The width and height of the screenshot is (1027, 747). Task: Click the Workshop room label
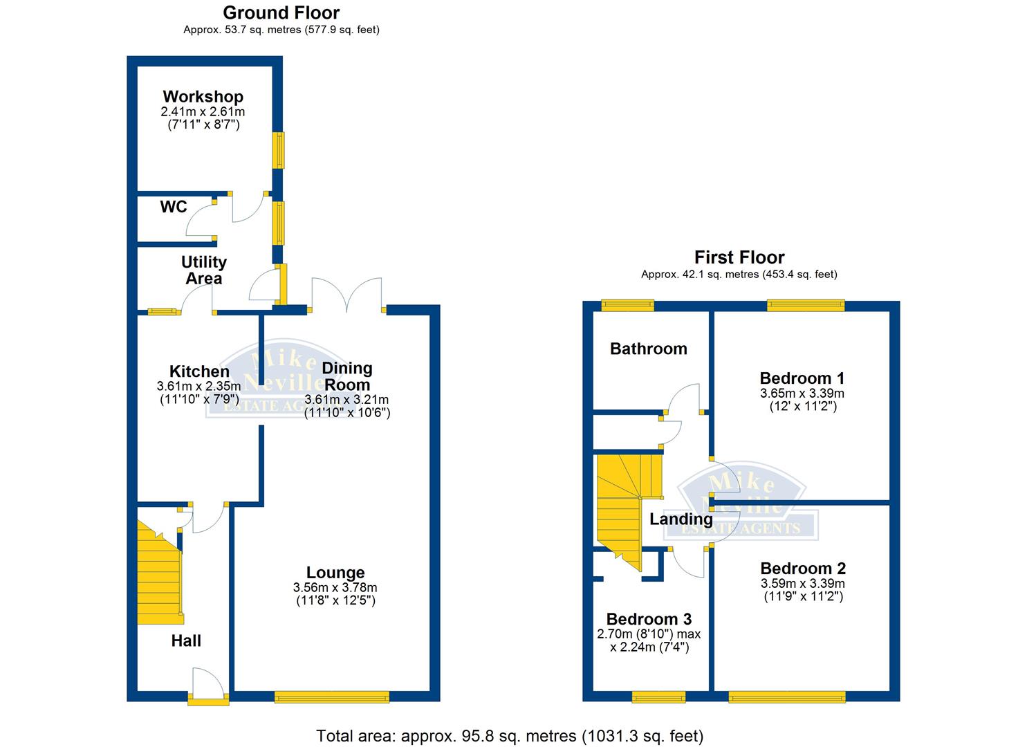[203, 97]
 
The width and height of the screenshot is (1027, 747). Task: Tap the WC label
[173, 207]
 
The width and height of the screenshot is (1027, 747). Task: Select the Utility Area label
[203, 270]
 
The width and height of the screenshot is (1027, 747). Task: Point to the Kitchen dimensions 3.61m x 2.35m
[199, 386]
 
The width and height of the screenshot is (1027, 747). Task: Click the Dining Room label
[346, 376]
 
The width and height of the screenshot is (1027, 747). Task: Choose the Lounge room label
[335, 573]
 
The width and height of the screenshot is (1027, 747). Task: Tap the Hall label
[186, 641]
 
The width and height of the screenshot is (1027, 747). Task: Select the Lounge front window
[331, 697]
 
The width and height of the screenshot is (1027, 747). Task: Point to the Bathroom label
[648, 349]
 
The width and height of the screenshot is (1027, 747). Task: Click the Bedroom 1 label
[802, 378]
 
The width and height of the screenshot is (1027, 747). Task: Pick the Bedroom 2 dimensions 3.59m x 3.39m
[802, 583]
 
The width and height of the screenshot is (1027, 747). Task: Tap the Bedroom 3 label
[649, 619]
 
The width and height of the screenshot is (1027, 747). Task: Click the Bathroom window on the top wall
[627, 304]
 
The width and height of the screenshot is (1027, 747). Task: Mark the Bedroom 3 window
[658, 697]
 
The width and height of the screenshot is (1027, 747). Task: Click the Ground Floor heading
[281, 12]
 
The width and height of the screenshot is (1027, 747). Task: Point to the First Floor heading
[739, 257]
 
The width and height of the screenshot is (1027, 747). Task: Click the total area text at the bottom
[510, 735]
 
